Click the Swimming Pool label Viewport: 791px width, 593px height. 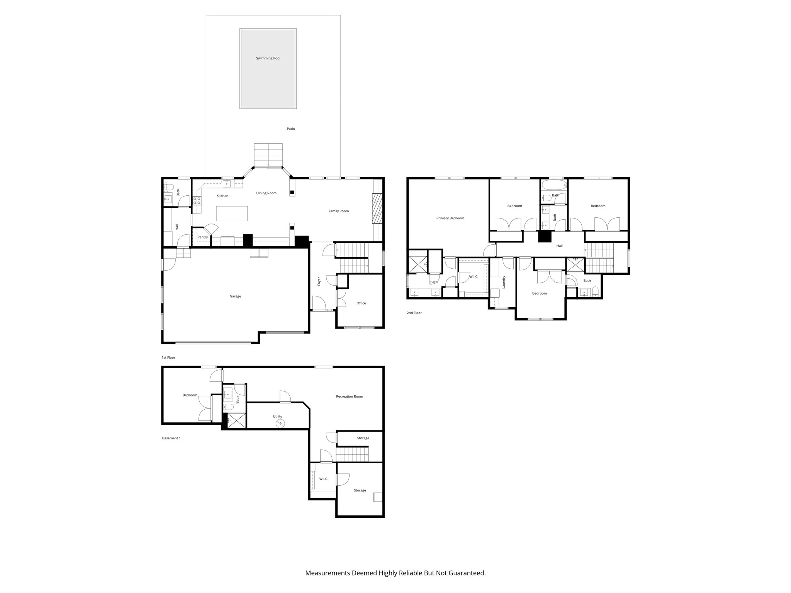point(268,58)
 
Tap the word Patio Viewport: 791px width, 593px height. point(290,129)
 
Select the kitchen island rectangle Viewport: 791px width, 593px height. point(232,213)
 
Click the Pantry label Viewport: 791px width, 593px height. point(202,237)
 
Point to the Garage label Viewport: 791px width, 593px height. point(235,296)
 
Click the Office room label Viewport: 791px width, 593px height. point(361,303)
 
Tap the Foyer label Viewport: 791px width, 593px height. point(319,281)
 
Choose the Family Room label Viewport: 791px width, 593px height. point(338,211)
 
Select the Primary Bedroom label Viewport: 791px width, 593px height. point(450,218)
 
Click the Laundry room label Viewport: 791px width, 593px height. point(504,282)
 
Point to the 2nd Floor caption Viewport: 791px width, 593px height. point(414,313)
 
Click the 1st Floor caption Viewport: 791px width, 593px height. point(168,357)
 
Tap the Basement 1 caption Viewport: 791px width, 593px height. point(171,438)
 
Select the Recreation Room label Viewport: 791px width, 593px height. point(349,396)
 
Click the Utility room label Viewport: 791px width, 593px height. point(277,417)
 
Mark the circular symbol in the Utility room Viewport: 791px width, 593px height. point(280,424)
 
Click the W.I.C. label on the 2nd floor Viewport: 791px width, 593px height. point(474,277)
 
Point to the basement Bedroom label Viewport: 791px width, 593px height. point(190,395)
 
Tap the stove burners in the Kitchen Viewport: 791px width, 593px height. point(197,200)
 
